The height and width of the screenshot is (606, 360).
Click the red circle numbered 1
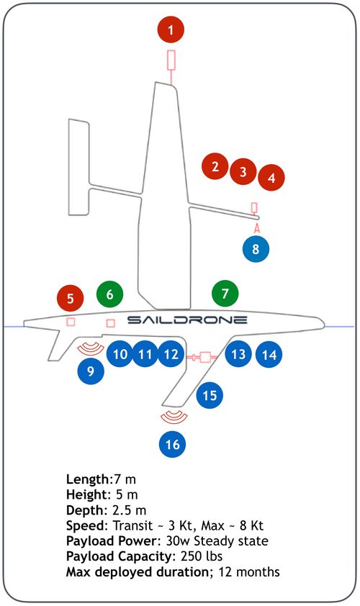click(x=171, y=30)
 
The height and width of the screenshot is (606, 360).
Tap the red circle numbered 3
click(x=243, y=171)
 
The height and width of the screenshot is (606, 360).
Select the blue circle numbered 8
click(x=256, y=248)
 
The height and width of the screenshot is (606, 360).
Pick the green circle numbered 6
click(x=110, y=294)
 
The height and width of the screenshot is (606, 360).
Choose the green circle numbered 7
click(x=225, y=294)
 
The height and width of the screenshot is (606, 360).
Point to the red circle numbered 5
click(x=71, y=299)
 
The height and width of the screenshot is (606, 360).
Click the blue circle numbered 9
click(x=91, y=371)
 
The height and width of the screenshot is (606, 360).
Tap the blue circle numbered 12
click(x=171, y=354)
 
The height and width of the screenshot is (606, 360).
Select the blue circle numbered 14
click(x=269, y=354)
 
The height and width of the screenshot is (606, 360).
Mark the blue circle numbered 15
click(x=210, y=395)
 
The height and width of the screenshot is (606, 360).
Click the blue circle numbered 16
click(x=173, y=444)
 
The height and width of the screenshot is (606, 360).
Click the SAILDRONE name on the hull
click(x=187, y=320)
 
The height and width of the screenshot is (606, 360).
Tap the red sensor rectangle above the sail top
click(x=171, y=60)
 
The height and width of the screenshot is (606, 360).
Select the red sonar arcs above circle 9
click(x=91, y=351)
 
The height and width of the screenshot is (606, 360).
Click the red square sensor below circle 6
click(x=111, y=322)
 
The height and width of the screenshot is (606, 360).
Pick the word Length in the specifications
click(x=88, y=479)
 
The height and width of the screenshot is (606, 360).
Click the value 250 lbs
click(x=202, y=556)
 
